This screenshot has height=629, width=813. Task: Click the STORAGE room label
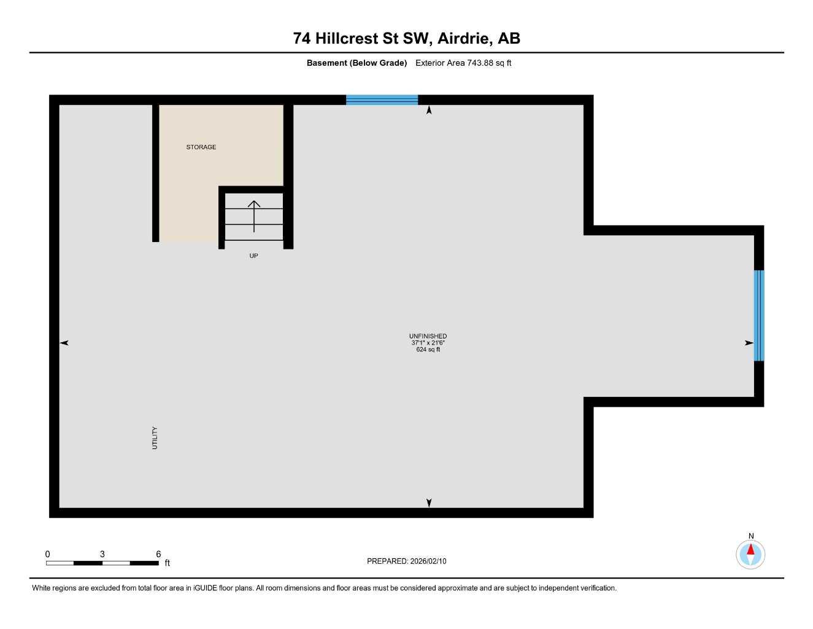pyautogui.click(x=201, y=147)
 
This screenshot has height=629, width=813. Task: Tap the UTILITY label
pyautogui.click(x=155, y=438)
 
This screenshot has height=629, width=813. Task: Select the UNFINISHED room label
pyautogui.click(x=428, y=336)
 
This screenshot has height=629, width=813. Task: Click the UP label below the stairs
pyautogui.click(x=253, y=256)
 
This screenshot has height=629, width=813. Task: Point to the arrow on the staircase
pyautogui.click(x=253, y=216)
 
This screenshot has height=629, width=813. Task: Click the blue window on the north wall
pyautogui.click(x=382, y=100)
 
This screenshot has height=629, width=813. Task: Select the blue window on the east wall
pyautogui.click(x=758, y=315)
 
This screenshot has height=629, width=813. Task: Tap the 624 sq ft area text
pyautogui.click(x=428, y=350)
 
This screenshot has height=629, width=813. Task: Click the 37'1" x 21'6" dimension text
pyautogui.click(x=428, y=343)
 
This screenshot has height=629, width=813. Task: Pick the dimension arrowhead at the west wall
pyautogui.click(x=64, y=343)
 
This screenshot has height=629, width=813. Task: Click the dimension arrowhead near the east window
pyautogui.click(x=749, y=343)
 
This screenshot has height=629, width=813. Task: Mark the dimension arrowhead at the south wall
pyautogui.click(x=429, y=502)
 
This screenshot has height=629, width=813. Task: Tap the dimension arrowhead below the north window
pyautogui.click(x=429, y=110)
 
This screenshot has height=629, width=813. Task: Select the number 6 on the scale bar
pyautogui.click(x=158, y=554)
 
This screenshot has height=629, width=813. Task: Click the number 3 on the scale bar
pyautogui.click(x=102, y=554)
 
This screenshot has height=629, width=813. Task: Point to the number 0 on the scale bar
pyautogui.click(x=47, y=554)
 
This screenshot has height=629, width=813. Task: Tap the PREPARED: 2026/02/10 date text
pyautogui.click(x=406, y=561)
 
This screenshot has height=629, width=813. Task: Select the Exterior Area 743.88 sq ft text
pyautogui.click(x=463, y=63)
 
